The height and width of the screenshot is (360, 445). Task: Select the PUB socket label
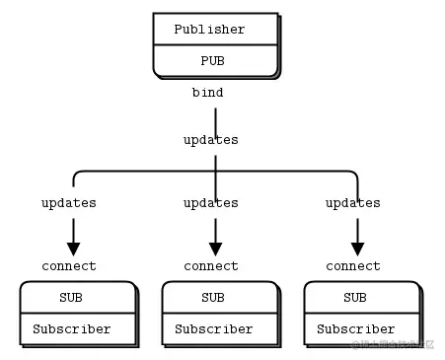[x=213, y=60]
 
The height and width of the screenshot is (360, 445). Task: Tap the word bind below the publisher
[x=207, y=93]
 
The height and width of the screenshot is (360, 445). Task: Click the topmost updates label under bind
[x=211, y=140]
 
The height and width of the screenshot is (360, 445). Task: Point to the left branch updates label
[x=69, y=203]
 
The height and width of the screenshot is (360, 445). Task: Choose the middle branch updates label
[x=211, y=203]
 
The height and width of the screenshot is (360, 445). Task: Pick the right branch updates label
[x=353, y=203]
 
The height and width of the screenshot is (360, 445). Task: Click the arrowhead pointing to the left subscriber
[x=73, y=249]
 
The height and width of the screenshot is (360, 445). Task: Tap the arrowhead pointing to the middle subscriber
[x=215, y=249]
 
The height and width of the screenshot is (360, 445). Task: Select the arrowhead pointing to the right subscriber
[x=357, y=249]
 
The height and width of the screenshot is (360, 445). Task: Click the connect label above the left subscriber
[x=69, y=266]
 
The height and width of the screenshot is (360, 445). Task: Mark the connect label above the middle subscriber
[x=211, y=266]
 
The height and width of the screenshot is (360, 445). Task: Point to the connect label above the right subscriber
[x=353, y=266]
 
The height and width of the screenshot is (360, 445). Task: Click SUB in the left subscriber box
[x=71, y=298]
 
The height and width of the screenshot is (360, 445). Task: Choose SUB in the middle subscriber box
[x=213, y=298]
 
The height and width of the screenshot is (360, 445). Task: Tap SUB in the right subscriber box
[x=355, y=298]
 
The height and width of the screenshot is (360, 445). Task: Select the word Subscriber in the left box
[x=72, y=329]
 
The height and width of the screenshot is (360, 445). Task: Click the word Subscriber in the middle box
[x=214, y=329]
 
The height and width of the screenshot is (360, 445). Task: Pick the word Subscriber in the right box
[x=356, y=329]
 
